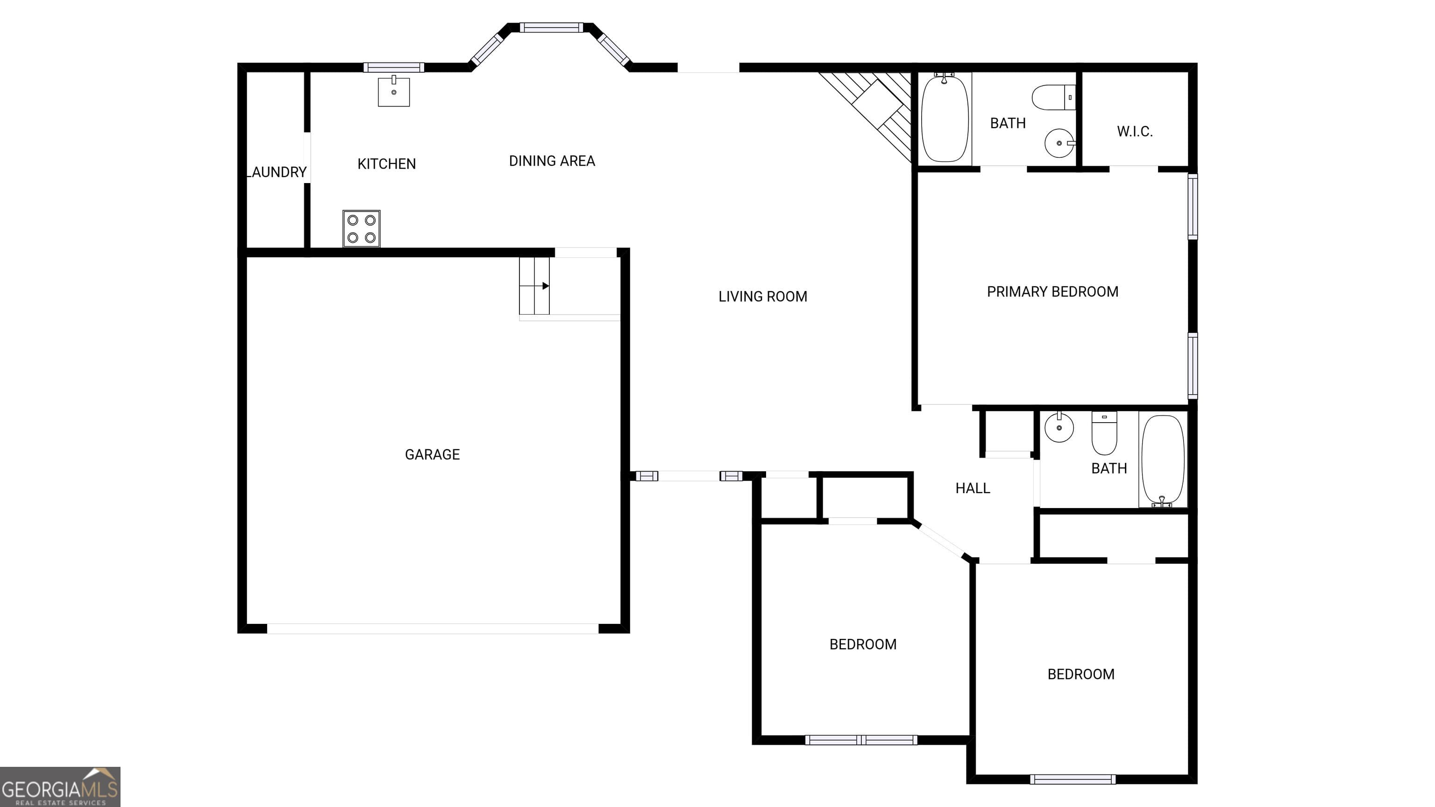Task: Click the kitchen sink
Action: pyautogui.click(x=393, y=92)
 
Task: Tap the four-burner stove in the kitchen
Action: pyautogui.click(x=361, y=228)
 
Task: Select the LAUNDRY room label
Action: pyautogui.click(x=277, y=172)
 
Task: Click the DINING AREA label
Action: pyautogui.click(x=552, y=161)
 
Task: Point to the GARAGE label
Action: pyautogui.click(x=432, y=454)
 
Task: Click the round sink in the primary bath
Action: pyautogui.click(x=1058, y=143)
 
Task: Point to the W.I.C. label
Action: pyautogui.click(x=1134, y=131)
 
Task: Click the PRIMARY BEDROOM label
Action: pyautogui.click(x=1052, y=292)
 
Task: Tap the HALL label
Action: pyautogui.click(x=972, y=488)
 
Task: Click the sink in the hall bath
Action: pyautogui.click(x=1058, y=428)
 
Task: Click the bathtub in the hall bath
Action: pyautogui.click(x=1163, y=460)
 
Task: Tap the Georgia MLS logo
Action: pyautogui.click(x=60, y=786)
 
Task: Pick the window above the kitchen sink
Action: pyautogui.click(x=393, y=67)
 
